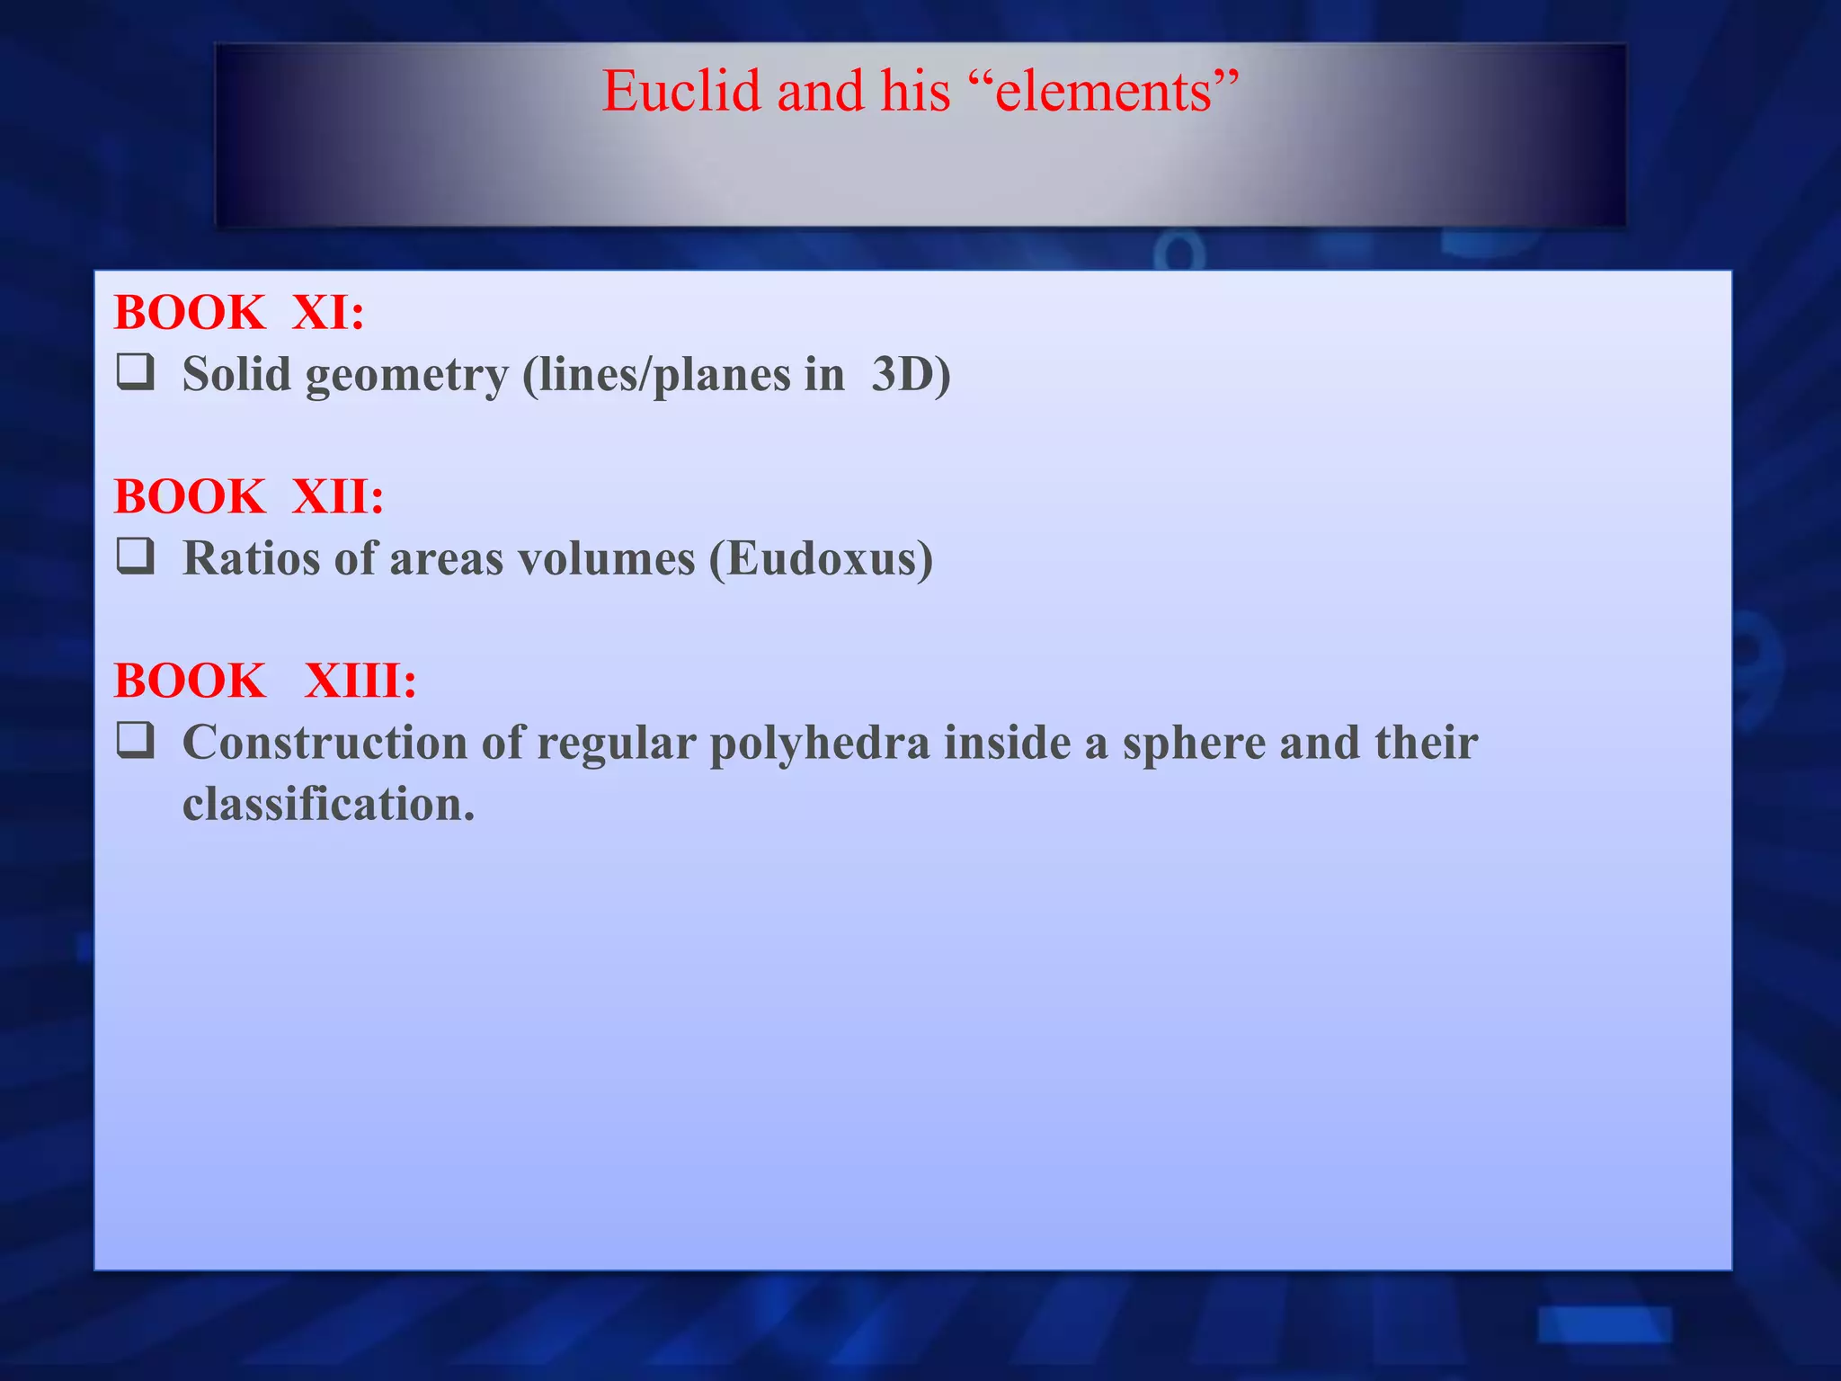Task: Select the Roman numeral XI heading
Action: [x=328, y=313]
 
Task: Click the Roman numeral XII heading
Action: [x=338, y=496]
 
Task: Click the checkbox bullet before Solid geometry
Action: [x=135, y=372]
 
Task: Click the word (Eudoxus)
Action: [x=821, y=558]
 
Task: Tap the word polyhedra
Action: [x=819, y=744]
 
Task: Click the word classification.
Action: [x=328, y=804]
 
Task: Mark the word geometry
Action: [x=407, y=376]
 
